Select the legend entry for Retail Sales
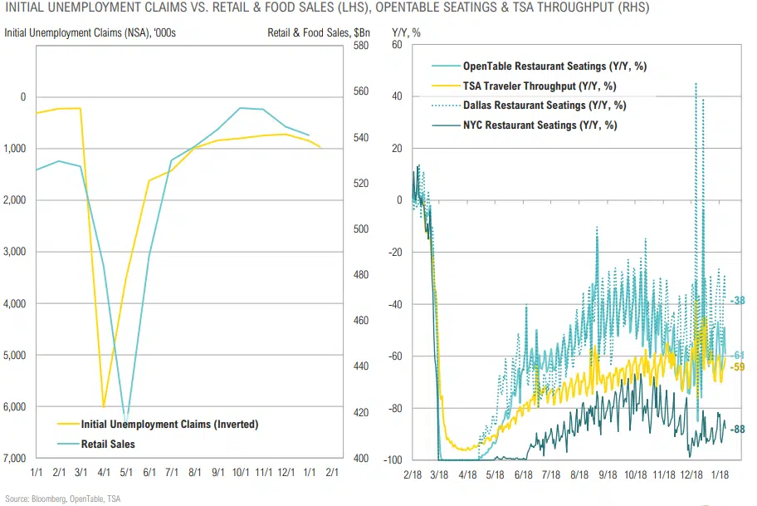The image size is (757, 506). (108, 444)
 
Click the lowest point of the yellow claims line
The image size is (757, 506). (104, 406)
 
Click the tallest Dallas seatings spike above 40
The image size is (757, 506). (695, 83)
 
